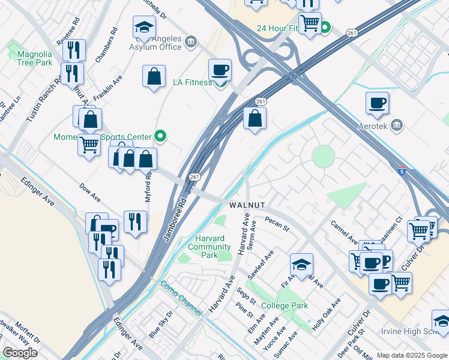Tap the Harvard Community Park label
(209, 247)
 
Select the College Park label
(285, 305)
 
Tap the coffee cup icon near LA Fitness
(220, 70)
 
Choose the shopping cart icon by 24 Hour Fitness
(310, 23)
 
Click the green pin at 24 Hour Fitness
(325, 28)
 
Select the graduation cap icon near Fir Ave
(301, 264)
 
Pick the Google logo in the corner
(20, 353)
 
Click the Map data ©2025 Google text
(411, 355)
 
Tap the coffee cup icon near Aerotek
(377, 103)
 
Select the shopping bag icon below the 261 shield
(255, 119)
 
